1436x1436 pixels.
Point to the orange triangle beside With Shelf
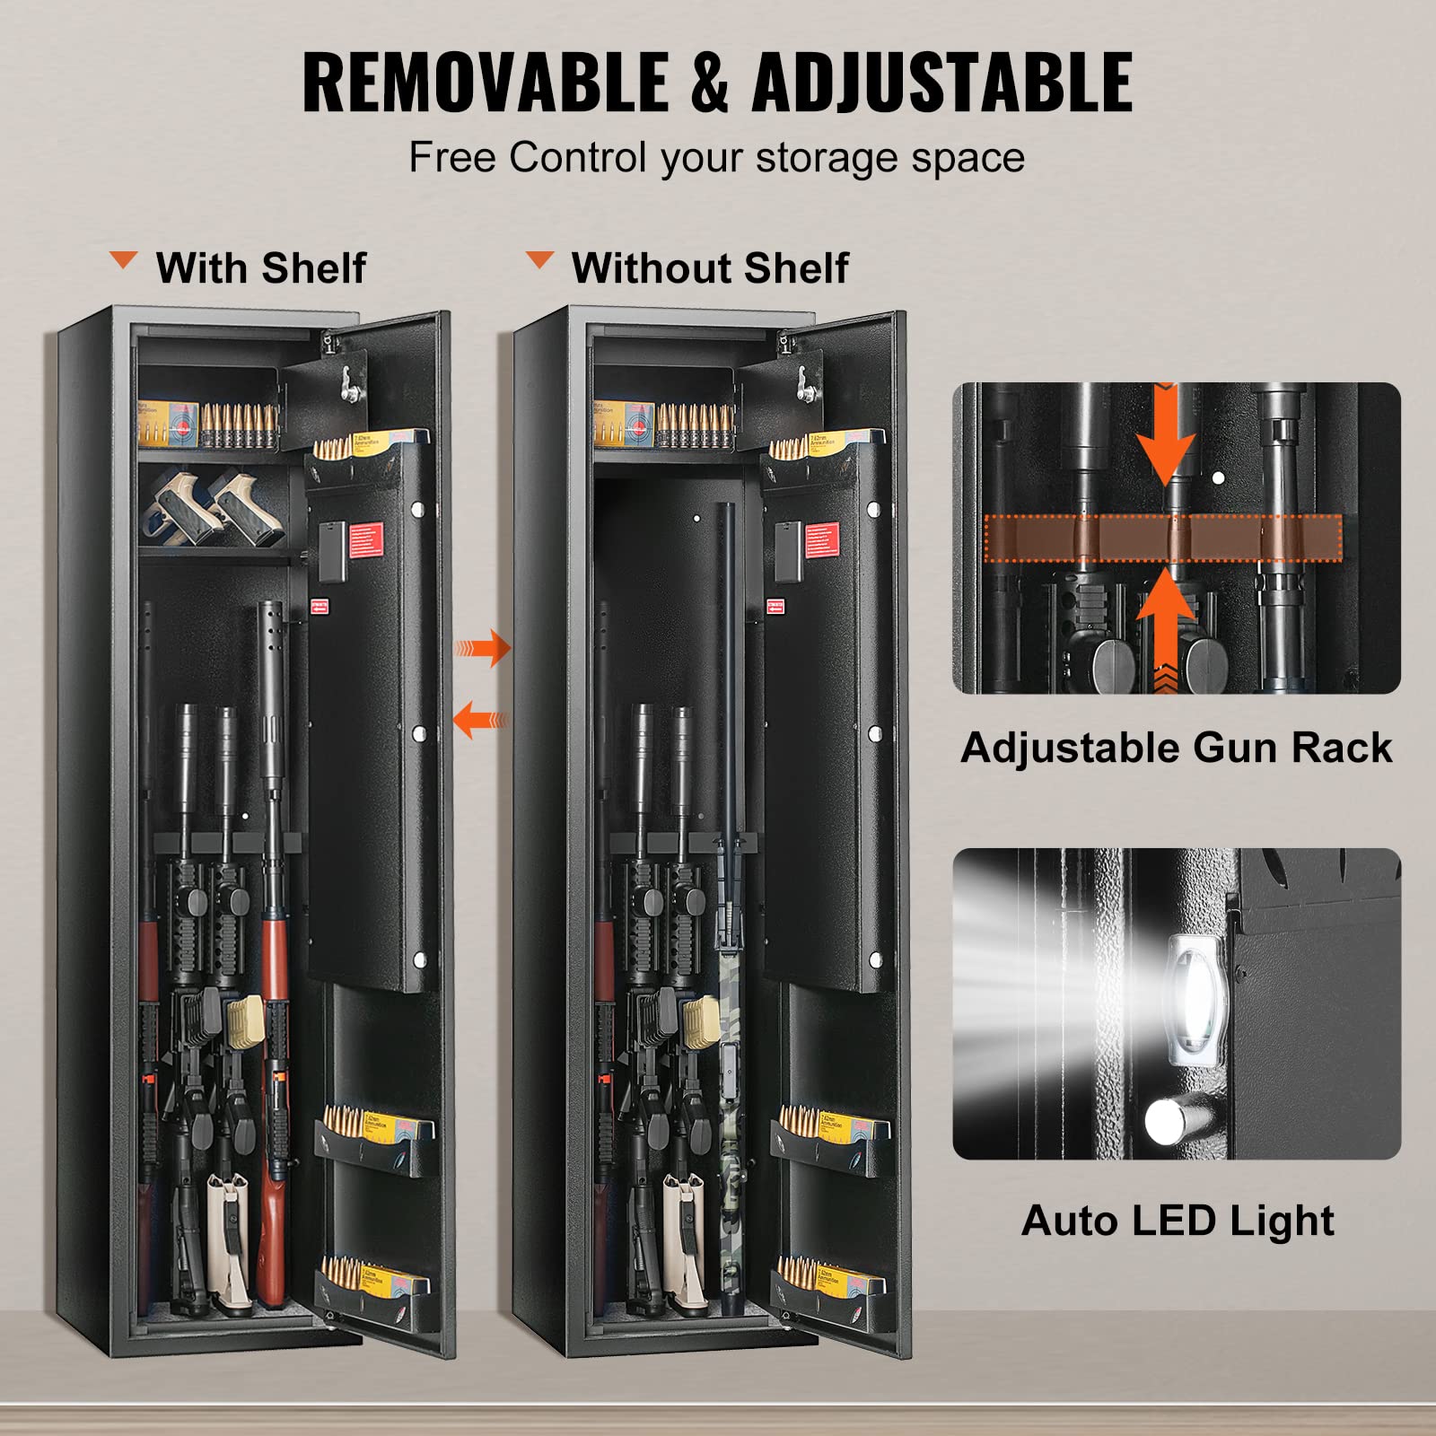[123, 261]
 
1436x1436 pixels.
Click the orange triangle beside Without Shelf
[539, 260]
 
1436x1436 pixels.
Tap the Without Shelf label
[709, 267]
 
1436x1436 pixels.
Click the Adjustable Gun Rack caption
[1176, 748]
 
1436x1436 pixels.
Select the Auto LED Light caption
[1177, 1221]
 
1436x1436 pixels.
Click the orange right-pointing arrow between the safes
[485, 648]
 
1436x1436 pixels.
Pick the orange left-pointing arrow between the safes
[480, 720]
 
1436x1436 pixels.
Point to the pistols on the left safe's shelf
[214, 509]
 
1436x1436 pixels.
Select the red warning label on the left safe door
[365, 540]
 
